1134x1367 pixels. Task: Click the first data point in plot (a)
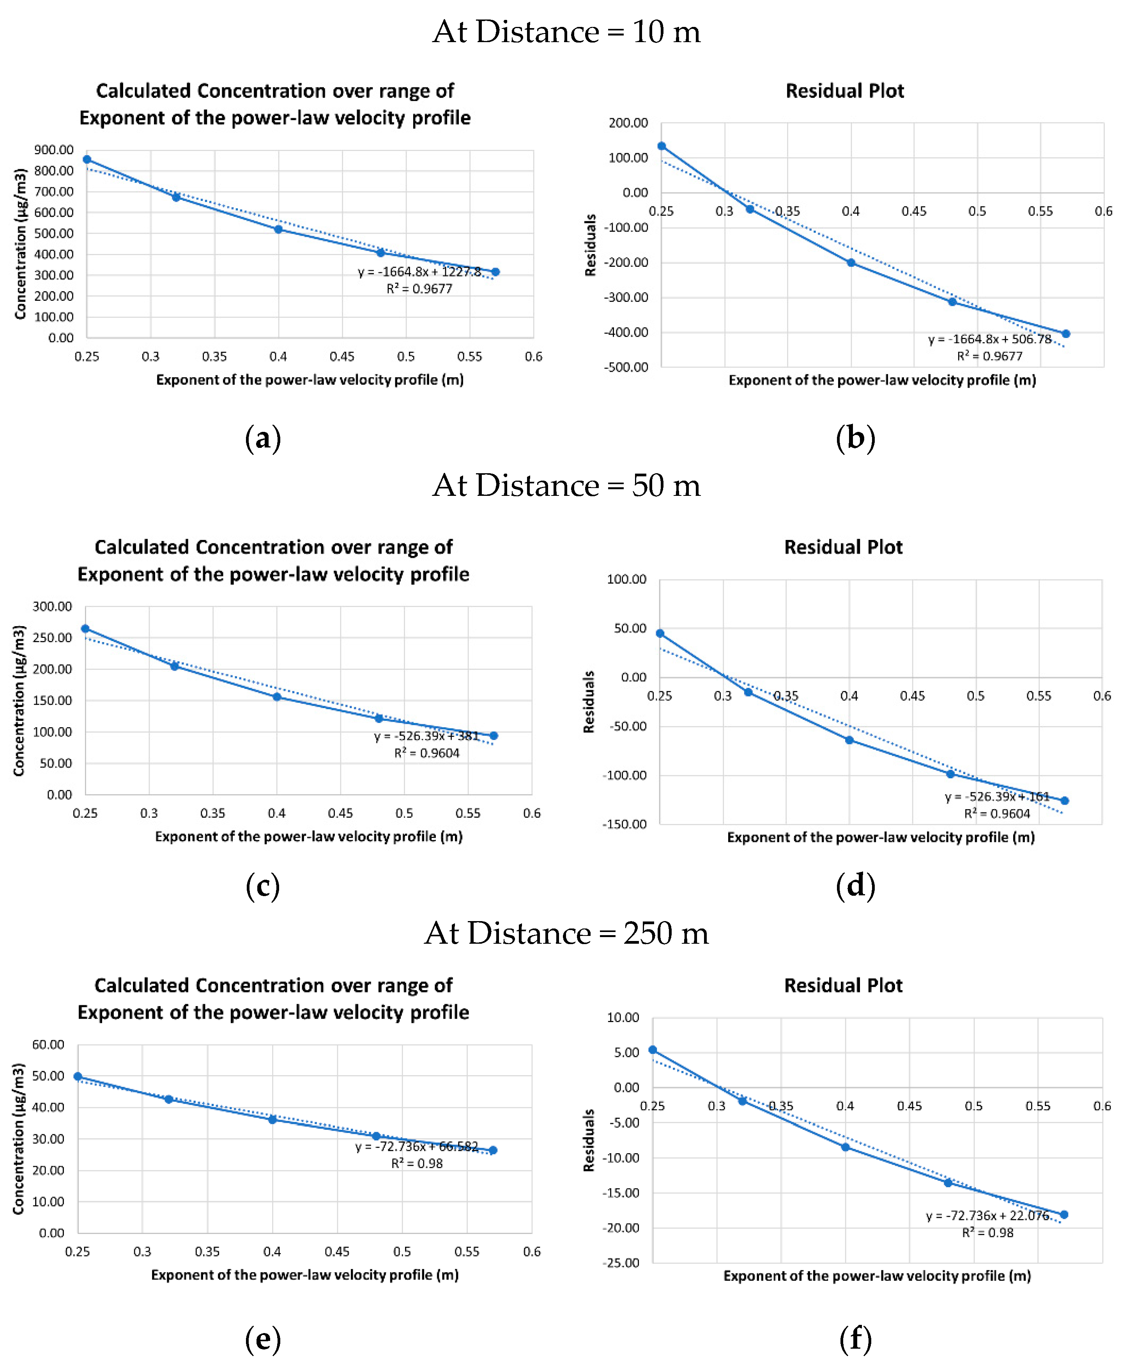click(87, 160)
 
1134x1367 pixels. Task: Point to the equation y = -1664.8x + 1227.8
click(419, 272)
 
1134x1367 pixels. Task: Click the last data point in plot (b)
click(1066, 334)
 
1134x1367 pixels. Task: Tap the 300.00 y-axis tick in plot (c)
click(52, 607)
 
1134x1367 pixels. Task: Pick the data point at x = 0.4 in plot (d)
click(849, 740)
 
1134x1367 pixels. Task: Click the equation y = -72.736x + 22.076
click(987, 1215)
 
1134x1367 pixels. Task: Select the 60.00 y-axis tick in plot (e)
click(48, 1045)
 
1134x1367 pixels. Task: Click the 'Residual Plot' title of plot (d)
click(843, 547)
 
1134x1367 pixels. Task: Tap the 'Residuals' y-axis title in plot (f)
click(589, 1140)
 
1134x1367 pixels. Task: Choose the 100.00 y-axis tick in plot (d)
click(626, 579)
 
